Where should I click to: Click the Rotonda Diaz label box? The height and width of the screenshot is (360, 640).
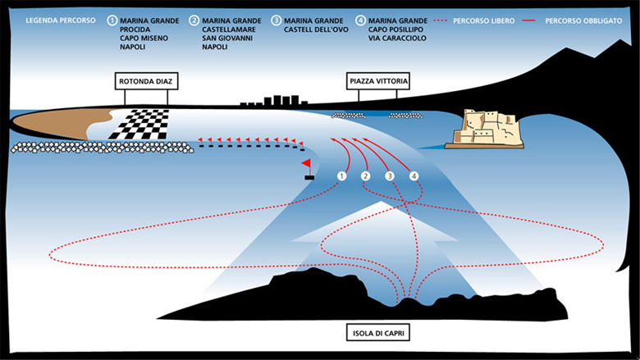[147, 80]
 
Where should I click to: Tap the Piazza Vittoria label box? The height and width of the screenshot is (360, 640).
[377, 80]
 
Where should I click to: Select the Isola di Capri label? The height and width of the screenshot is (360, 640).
[377, 333]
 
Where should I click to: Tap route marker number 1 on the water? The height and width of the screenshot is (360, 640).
[342, 176]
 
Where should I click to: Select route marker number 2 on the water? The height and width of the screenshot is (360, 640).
[366, 176]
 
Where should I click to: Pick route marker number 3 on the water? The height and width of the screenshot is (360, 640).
[390, 176]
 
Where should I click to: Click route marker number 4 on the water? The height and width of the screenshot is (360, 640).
[414, 176]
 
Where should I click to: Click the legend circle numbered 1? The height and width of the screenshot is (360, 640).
[112, 19]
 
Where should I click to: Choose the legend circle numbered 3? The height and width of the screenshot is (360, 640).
[276, 19]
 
